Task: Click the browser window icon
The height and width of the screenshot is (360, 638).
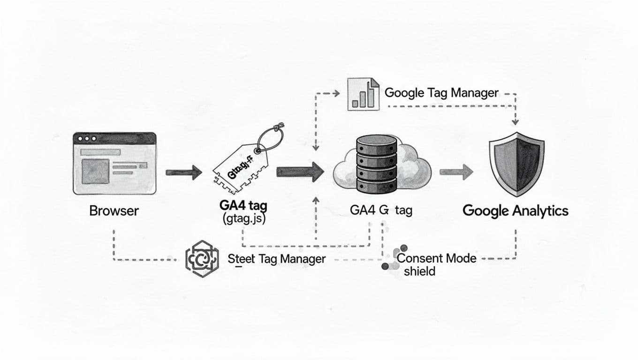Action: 114,163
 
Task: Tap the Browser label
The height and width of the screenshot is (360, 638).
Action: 114,210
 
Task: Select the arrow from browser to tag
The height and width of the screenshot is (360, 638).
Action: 183,173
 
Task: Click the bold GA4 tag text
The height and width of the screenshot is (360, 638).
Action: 243,206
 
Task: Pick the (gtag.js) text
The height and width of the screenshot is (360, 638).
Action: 242,218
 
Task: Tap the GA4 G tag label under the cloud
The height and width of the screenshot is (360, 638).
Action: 381,210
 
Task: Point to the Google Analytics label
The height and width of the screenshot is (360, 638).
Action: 515,210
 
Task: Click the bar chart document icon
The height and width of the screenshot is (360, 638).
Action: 363,94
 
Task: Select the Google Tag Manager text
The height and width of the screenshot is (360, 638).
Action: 441,93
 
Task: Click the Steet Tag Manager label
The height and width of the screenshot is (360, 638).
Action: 276,259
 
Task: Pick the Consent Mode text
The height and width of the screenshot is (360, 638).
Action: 436,258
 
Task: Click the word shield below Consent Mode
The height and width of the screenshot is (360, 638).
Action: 419,271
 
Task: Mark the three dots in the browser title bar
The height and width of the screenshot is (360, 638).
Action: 87,139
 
